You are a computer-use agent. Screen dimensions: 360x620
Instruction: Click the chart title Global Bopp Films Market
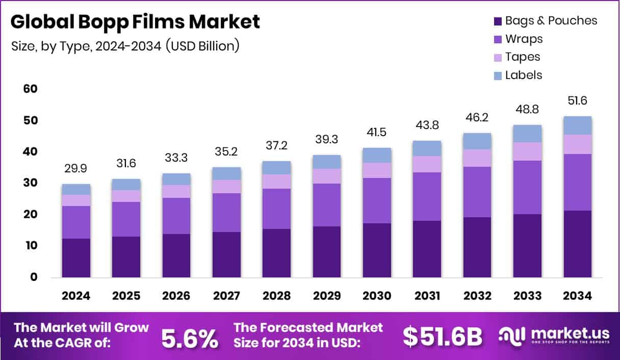coord(135,22)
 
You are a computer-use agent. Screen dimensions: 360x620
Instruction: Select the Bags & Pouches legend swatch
coord(498,21)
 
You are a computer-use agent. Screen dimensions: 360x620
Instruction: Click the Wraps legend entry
coord(524,39)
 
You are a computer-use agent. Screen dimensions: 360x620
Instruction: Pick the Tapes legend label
coord(523,57)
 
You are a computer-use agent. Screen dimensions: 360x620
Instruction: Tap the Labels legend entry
coord(524,75)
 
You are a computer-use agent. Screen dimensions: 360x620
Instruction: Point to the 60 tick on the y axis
coord(31,89)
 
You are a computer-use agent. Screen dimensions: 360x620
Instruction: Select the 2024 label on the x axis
coord(76,296)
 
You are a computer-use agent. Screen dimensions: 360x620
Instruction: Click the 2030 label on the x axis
coord(377,296)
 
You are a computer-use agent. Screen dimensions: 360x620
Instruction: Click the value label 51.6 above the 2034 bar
coord(578,101)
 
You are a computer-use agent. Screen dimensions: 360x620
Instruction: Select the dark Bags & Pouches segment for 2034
coord(578,244)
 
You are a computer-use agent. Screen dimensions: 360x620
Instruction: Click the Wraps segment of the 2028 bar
coord(277,209)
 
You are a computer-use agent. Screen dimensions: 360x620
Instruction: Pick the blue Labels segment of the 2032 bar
coord(477,141)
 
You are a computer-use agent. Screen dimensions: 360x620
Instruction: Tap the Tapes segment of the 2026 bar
coord(176,191)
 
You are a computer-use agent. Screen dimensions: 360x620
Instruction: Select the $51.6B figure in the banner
coord(442,337)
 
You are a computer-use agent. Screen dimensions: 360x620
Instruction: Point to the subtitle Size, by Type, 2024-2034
coord(125,46)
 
